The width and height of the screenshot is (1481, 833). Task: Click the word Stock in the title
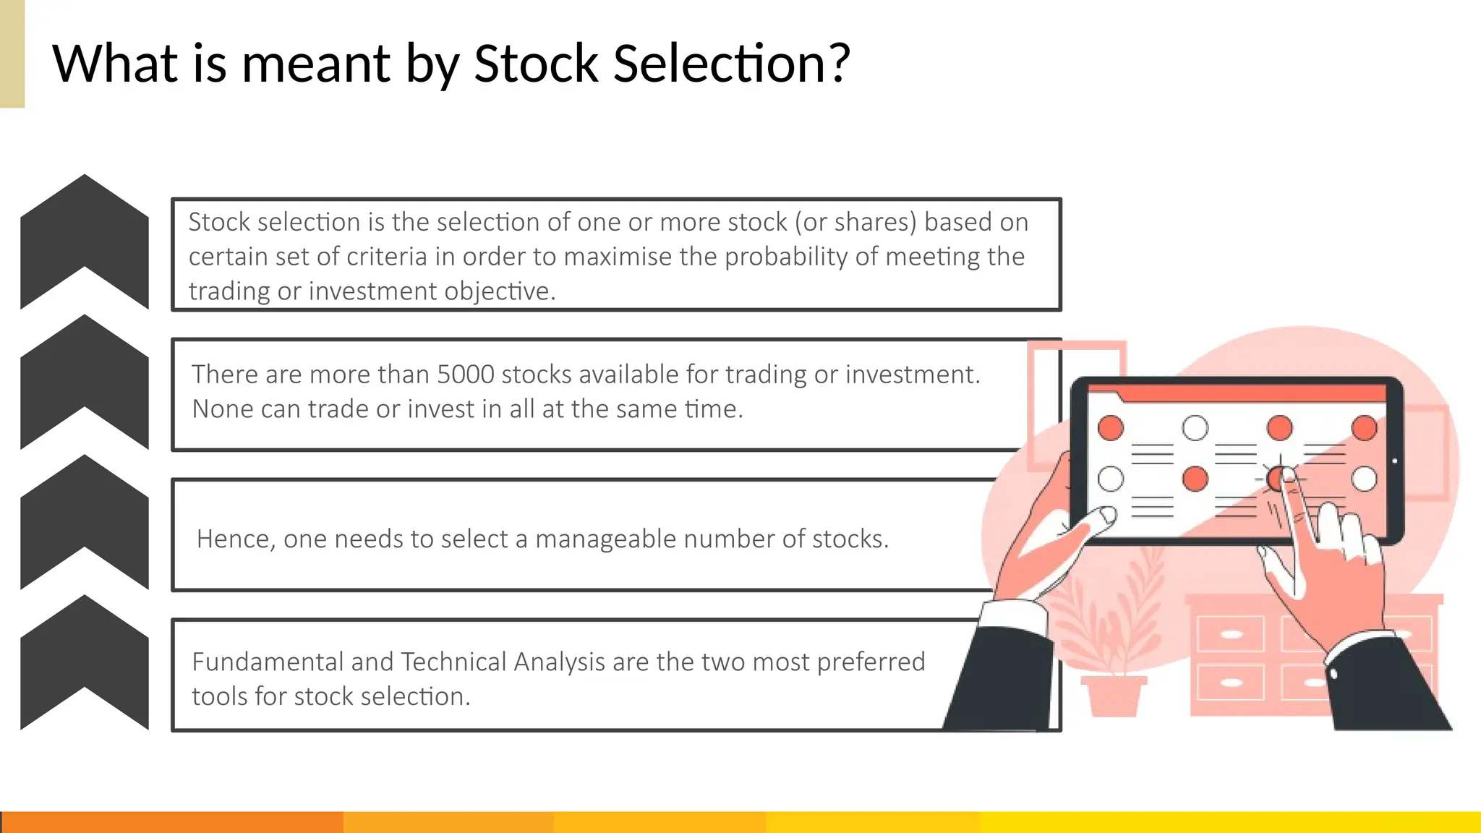[x=535, y=64]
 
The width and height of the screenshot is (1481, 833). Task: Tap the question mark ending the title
[x=839, y=64]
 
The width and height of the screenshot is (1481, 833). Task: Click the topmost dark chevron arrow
[x=85, y=242]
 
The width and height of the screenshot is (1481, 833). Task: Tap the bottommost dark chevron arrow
[x=85, y=662]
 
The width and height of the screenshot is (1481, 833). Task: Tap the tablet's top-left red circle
[x=1111, y=428]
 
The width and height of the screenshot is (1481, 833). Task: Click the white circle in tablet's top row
[x=1195, y=428]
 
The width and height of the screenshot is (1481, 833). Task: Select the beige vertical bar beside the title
[x=12, y=54]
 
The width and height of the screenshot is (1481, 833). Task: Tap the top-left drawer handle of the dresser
[x=1231, y=635]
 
